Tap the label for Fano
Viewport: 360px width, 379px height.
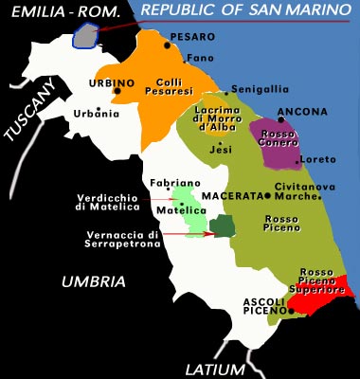point(198,57)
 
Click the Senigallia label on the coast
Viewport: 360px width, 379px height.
point(260,88)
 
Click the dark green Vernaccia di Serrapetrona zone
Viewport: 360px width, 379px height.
point(223,226)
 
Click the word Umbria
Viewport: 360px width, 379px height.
point(92,281)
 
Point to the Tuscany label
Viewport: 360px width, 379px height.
point(30,111)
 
